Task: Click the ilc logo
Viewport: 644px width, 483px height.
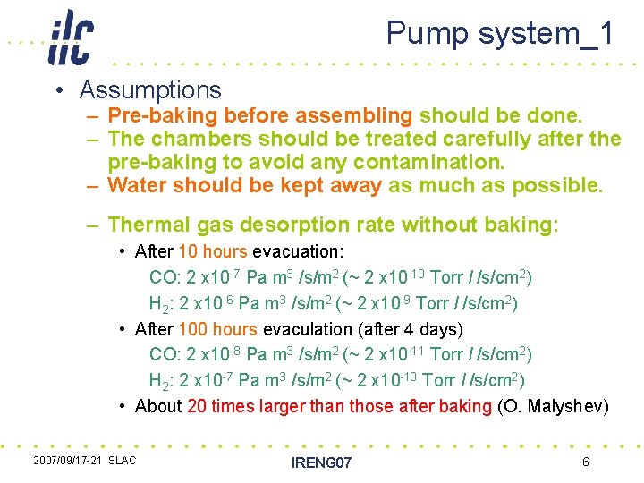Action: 71,37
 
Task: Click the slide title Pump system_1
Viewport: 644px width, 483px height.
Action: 500,33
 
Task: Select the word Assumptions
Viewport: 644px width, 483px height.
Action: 150,90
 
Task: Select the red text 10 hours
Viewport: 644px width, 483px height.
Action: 214,252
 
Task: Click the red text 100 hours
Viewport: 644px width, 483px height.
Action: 218,329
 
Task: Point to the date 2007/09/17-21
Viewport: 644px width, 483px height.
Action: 67,461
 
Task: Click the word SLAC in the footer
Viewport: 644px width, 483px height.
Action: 123,461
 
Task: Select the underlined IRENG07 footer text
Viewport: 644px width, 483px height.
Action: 322,462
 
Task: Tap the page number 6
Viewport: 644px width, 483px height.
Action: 585,462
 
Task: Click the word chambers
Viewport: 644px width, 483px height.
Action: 196,140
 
